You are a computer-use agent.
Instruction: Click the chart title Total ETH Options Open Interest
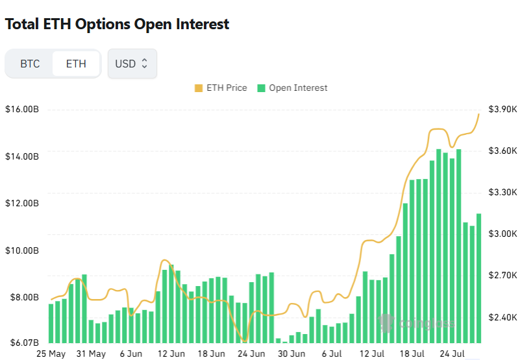[x=118, y=24]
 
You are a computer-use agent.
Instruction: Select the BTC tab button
[x=30, y=64]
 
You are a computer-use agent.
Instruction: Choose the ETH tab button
[x=76, y=64]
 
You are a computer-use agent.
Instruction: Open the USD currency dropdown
[x=132, y=64]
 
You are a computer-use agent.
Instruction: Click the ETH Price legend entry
[x=221, y=88]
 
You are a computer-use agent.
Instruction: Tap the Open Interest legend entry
[x=292, y=88]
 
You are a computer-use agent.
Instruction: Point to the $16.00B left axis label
[x=22, y=109]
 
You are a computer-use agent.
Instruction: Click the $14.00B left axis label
[x=22, y=156]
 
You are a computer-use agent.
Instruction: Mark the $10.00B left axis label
[x=22, y=250]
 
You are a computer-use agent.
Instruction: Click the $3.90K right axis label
[x=503, y=109]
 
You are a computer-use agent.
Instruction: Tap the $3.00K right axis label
[x=503, y=234]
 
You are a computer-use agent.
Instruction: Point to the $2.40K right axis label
[x=503, y=318]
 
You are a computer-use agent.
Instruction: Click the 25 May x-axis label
[x=51, y=354]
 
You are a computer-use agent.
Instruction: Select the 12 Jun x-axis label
[x=171, y=354]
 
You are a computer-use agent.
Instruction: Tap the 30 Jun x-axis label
[x=292, y=354]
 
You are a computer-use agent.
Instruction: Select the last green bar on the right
[x=479, y=279]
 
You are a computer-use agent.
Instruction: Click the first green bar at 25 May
[x=51, y=323]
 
